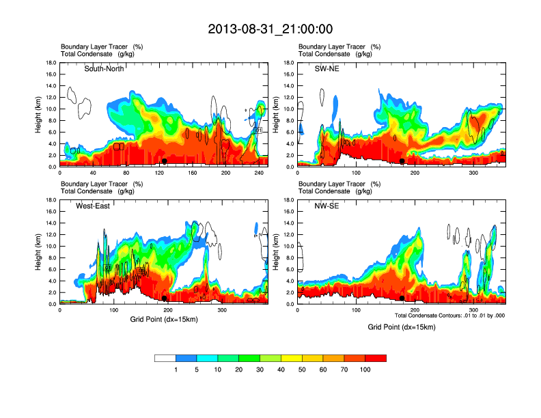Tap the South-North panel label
(x=104, y=69)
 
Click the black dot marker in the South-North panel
(x=165, y=161)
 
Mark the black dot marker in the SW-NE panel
(x=402, y=161)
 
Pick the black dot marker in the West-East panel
(x=165, y=298)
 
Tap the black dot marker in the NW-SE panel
(x=402, y=298)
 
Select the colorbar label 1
(x=176, y=370)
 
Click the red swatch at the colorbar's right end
(x=376, y=358)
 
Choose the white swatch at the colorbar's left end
(x=165, y=358)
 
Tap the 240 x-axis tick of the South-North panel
(x=259, y=173)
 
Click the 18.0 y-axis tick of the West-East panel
(x=50, y=200)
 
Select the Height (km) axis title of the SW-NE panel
(x=277, y=114)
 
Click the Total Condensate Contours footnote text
(x=449, y=316)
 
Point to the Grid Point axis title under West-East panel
(x=163, y=319)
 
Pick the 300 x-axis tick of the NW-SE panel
(x=473, y=311)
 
